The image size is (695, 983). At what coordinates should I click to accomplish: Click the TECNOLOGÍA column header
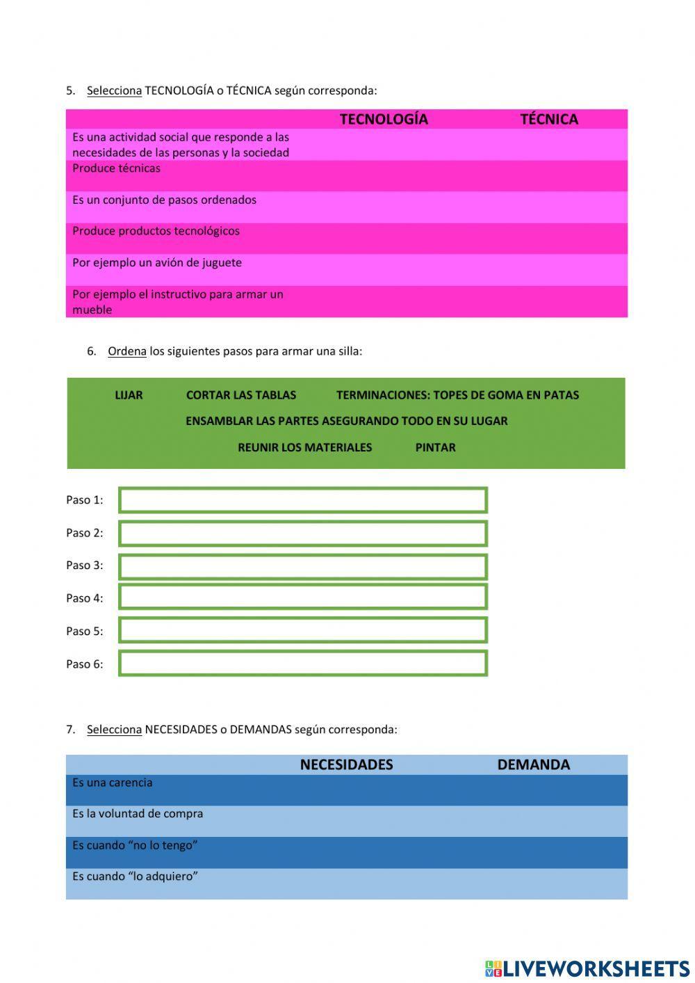(384, 119)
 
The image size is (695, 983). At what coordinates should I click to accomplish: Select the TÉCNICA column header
(549, 119)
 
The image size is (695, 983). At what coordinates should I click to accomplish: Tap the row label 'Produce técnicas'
(116, 168)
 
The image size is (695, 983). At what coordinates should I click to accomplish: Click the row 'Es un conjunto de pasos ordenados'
(164, 200)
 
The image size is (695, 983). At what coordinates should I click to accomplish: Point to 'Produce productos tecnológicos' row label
(156, 231)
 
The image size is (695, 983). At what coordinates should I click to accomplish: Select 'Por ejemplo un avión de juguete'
(157, 263)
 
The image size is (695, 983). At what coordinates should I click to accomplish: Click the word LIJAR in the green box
(129, 395)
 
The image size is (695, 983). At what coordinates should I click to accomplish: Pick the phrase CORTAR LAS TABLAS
(241, 395)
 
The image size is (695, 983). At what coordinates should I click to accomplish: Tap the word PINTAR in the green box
(435, 447)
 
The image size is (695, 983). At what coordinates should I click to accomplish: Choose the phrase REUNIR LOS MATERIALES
(304, 447)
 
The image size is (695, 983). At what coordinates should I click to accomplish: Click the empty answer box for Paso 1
(303, 500)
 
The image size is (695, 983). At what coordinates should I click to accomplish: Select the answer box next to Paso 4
(303, 597)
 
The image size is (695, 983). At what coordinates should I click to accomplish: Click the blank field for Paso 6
(303, 663)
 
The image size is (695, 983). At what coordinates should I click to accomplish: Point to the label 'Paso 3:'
(84, 566)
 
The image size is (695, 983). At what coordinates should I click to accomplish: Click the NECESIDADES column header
(346, 765)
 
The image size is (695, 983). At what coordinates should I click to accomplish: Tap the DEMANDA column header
(533, 765)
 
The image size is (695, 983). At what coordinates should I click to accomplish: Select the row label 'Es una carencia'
(112, 783)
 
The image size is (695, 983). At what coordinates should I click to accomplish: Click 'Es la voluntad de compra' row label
(138, 814)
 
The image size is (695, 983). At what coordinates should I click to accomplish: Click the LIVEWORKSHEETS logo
(587, 968)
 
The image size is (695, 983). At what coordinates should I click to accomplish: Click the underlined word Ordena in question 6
(126, 351)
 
